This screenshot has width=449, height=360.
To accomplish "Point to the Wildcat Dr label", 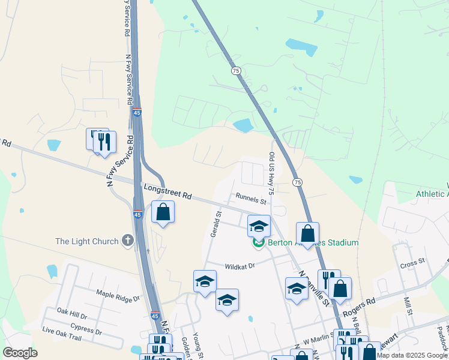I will (x=240, y=266).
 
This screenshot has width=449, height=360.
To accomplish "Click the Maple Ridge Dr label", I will (x=118, y=295).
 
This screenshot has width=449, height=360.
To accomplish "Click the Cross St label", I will (x=412, y=262).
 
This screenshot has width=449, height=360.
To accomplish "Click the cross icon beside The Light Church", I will (x=127, y=241).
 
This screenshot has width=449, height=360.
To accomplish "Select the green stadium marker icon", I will (x=259, y=243).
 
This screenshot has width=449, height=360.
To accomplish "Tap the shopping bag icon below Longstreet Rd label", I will (x=163, y=212).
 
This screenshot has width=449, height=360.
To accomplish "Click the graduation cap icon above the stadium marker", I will (x=259, y=226).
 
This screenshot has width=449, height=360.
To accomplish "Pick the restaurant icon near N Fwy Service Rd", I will (x=104, y=142).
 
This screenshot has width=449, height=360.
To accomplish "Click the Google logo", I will (x=20, y=353).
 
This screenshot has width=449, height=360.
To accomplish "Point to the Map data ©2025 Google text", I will (x=412, y=355).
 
